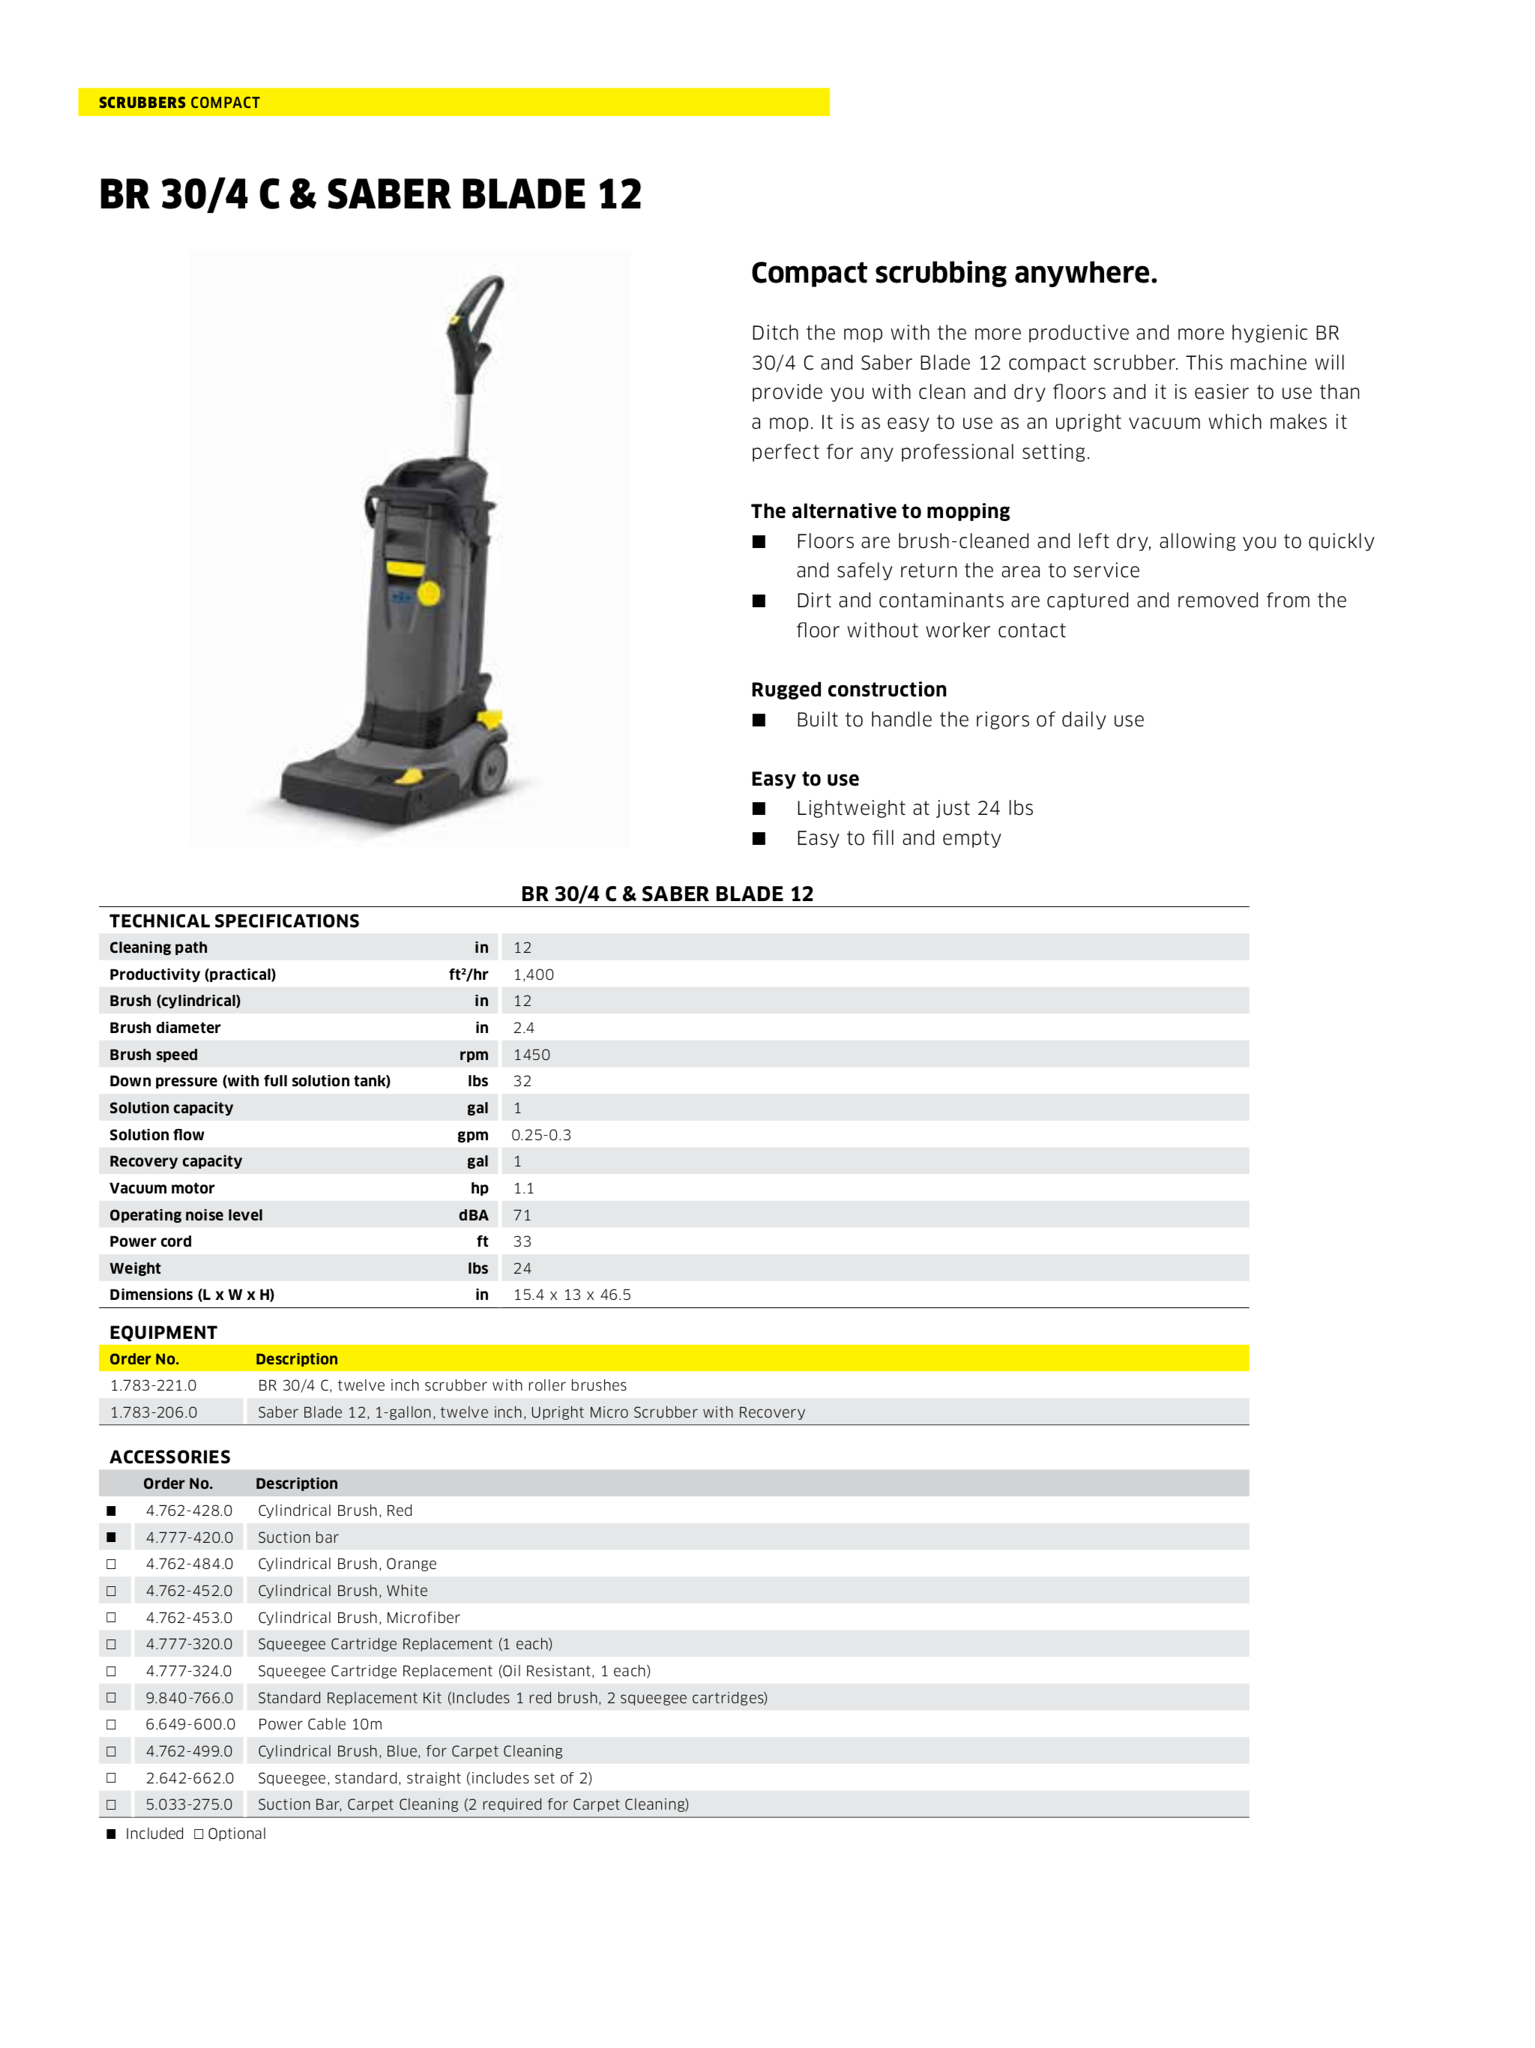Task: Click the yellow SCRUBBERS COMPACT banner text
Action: (178, 103)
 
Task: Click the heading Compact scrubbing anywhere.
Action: (953, 273)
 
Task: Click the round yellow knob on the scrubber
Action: (429, 594)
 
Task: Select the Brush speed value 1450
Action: (531, 1055)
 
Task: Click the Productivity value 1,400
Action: (533, 974)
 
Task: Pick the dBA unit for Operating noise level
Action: (473, 1214)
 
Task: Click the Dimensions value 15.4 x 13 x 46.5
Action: (571, 1295)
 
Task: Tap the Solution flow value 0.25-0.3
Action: (540, 1134)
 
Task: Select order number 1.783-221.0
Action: (153, 1385)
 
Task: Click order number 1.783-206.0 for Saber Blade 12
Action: (153, 1412)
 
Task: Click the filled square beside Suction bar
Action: (111, 1537)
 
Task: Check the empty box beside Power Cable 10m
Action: (111, 1724)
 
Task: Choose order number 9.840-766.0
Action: (189, 1697)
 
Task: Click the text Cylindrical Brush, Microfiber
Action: (358, 1618)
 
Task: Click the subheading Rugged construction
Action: (848, 690)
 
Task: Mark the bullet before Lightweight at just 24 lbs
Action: (759, 808)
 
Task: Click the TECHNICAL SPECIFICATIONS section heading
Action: (235, 921)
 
